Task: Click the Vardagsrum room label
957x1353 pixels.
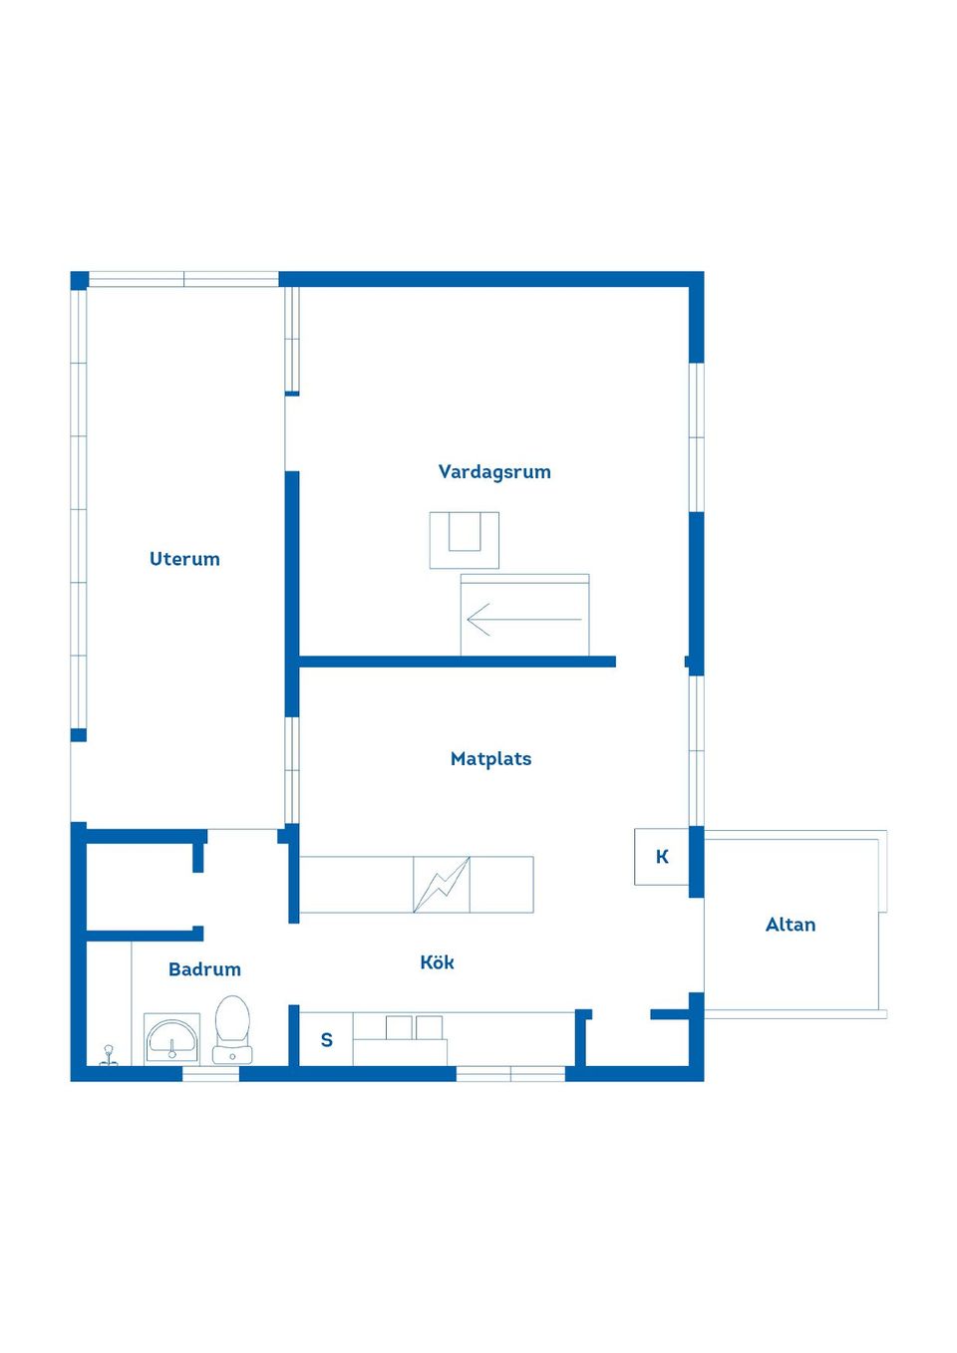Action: [x=494, y=471]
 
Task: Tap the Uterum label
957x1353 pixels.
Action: [x=184, y=559]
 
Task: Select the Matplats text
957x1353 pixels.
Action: [x=490, y=758]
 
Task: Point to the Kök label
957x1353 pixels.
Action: [x=437, y=962]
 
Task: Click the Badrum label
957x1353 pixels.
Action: [x=204, y=969]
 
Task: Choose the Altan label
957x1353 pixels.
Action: [x=791, y=925]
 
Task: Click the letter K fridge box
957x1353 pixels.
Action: [x=662, y=857]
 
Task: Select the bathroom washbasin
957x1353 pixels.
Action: [x=171, y=1039]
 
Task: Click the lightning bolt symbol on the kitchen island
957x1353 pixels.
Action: [x=442, y=885]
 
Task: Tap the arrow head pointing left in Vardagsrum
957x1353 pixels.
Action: [x=478, y=620]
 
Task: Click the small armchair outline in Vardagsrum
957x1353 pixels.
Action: [x=464, y=540]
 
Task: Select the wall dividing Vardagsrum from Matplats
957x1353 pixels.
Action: [x=458, y=662]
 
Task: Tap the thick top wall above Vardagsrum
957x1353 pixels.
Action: [x=491, y=279]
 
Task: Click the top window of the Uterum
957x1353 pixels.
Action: [x=183, y=279]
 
